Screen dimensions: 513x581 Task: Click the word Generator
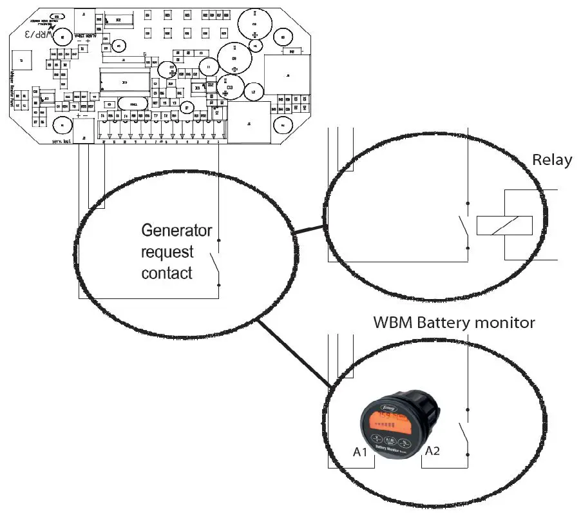click(x=176, y=230)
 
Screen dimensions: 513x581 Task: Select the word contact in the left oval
click(x=167, y=273)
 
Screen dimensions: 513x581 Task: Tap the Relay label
click(x=551, y=160)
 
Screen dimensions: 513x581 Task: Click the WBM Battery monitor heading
click(x=454, y=322)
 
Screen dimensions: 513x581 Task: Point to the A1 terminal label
click(x=361, y=452)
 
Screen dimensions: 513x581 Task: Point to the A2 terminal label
click(x=432, y=451)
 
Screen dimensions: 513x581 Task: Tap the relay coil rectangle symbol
click(x=504, y=225)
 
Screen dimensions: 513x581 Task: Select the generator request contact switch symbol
click(x=215, y=262)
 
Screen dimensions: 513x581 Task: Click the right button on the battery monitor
click(x=405, y=443)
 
